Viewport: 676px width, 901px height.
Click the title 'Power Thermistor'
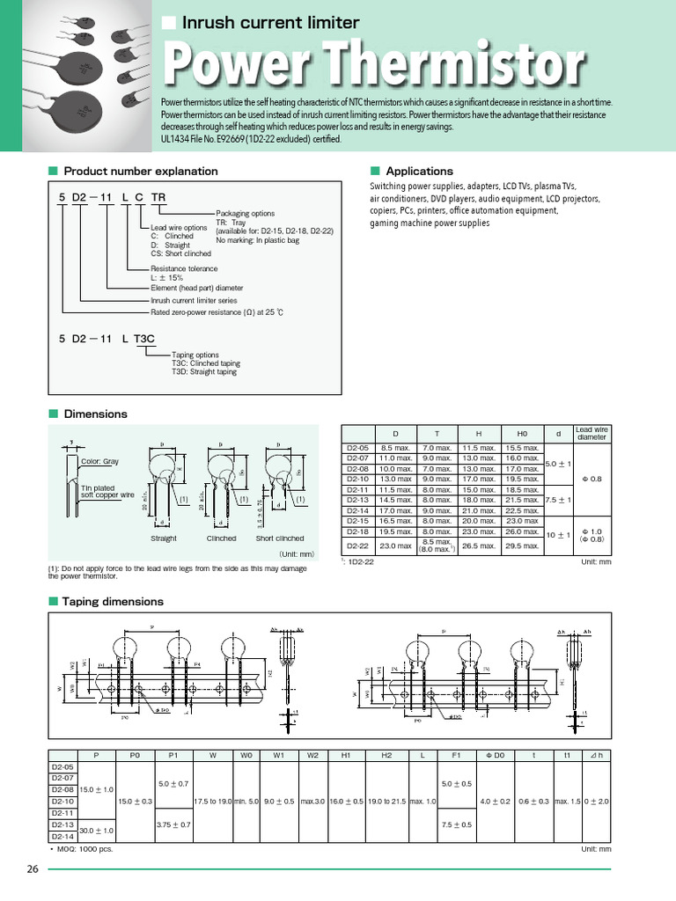click(x=374, y=64)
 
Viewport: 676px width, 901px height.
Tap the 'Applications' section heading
click(x=419, y=172)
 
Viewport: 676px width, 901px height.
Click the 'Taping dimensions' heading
click(x=114, y=601)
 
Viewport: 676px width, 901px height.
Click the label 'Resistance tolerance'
click(x=184, y=268)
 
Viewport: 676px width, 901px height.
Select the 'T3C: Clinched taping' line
click(x=205, y=363)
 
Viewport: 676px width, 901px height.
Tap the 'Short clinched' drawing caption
click(x=280, y=538)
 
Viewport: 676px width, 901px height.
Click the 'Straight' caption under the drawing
click(x=164, y=538)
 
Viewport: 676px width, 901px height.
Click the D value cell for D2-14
click(x=395, y=510)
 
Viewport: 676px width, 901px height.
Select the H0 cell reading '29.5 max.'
click(x=521, y=546)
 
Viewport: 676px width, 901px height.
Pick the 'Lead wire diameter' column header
click(x=591, y=432)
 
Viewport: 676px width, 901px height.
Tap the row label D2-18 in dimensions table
click(x=356, y=531)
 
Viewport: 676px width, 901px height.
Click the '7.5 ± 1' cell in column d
click(x=558, y=500)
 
